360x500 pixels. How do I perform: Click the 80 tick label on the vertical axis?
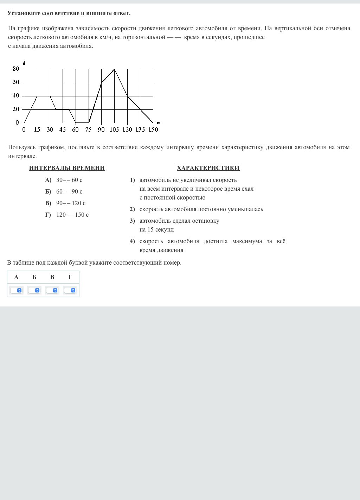pyautogui.click(x=16, y=69)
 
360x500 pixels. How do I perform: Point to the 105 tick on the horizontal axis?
pyautogui.click(x=114, y=129)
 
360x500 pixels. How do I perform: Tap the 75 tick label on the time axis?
pyautogui.click(x=88, y=129)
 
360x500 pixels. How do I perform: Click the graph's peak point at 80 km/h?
pyautogui.click(x=114, y=69)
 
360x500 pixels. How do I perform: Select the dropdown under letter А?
pyautogui.click(x=16, y=290)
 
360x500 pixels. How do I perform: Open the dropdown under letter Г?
pyautogui.click(x=70, y=290)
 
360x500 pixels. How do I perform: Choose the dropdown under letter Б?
pyautogui.click(x=34, y=290)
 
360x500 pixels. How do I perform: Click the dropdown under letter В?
pyautogui.click(x=52, y=290)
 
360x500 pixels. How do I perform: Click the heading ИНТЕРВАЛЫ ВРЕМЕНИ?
pyautogui.click(x=67, y=168)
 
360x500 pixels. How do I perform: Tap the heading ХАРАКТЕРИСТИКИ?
pyautogui.click(x=208, y=168)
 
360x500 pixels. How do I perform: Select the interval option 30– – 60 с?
pyautogui.click(x=69, y=180)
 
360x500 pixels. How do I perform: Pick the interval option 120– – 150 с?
pyautogui.click(x=72, y=215)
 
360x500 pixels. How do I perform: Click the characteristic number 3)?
pyautogui.click(x=132, y=221)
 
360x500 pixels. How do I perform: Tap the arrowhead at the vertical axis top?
pyautogui.click(x=24, y=63)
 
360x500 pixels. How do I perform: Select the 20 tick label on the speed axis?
pyautogui.click(x=16, y=109)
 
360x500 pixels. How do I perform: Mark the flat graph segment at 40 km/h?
pyautogui.click(x=44, y=96)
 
